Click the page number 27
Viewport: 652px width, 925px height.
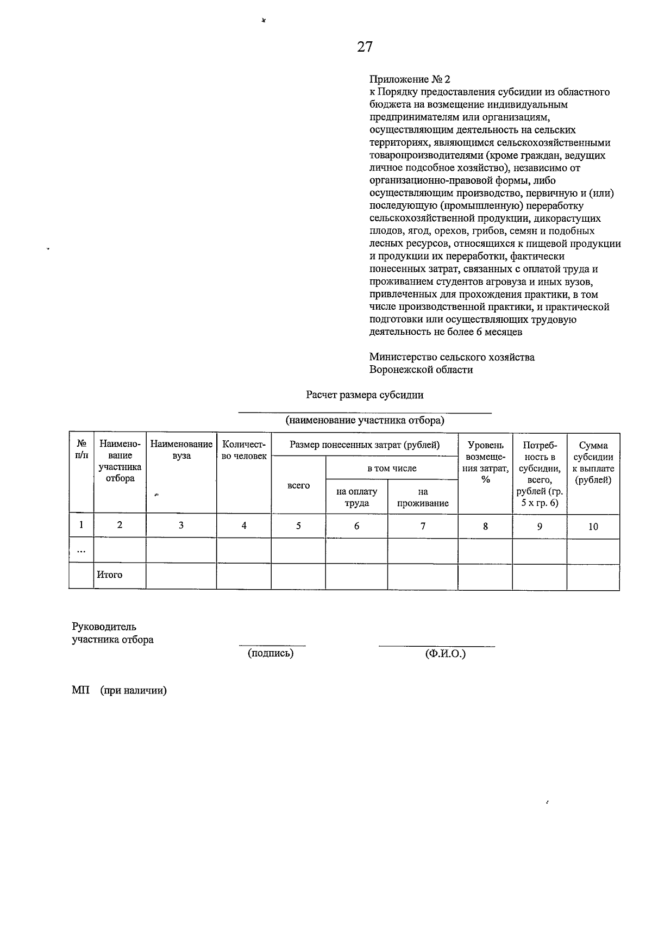[365, 47]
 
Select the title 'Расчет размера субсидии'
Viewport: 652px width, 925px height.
[365, 395]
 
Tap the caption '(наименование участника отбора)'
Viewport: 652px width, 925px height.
[365, 420]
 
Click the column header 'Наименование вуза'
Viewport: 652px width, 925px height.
[181, 450]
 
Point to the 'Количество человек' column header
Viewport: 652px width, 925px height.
[244, 450]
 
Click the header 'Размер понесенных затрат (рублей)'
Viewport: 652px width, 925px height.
[365, 445]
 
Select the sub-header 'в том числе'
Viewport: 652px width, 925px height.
[392, 468]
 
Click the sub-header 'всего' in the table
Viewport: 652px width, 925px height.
[298, 485]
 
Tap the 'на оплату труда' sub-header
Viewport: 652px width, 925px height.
[356, 497]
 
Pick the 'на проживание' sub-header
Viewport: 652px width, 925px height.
[423, 497]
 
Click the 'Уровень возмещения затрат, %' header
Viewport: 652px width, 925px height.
[485, 462]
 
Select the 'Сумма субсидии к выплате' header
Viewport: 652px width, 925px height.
[593, 462]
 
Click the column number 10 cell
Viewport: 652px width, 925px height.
[593, 526]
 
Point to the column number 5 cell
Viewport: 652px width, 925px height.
[298, 526]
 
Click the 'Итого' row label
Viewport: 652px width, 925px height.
[110, 574]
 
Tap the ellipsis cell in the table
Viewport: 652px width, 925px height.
[81, 551]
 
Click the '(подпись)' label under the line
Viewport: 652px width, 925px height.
[271, 653]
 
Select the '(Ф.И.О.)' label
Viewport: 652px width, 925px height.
[446, 654]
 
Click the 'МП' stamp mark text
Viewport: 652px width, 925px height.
[80, 691]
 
